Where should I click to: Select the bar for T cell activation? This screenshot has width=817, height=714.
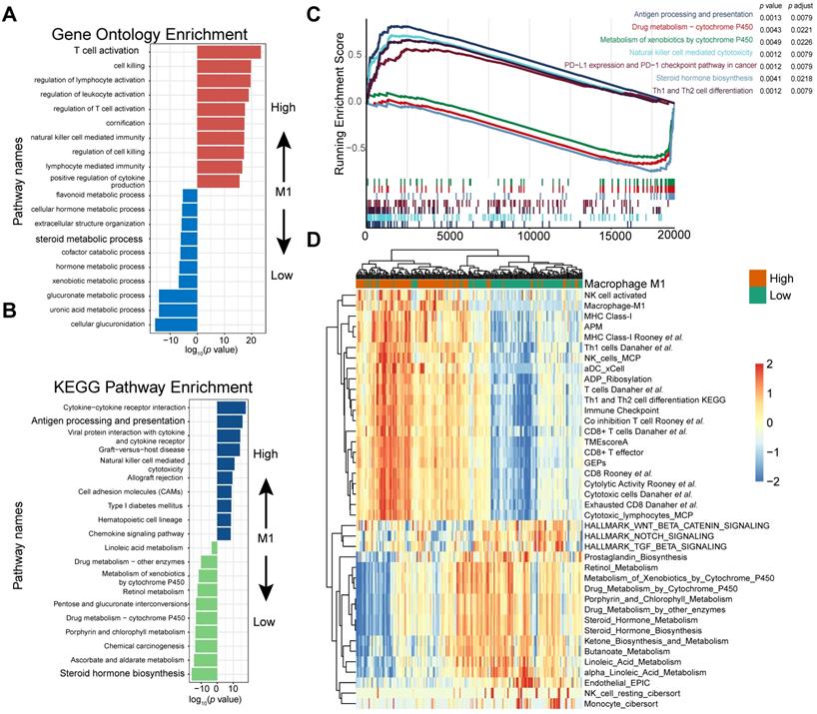pos(229,52)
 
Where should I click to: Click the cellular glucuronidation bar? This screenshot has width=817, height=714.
pos(175,324)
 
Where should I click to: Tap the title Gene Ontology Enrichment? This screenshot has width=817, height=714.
pos(136,32)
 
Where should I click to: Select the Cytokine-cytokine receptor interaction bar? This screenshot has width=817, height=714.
pos(231,406)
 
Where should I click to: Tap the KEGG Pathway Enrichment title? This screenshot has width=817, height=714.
pos(136,386)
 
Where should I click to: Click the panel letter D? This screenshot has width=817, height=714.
pos(314,240)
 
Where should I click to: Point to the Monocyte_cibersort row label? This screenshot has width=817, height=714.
pos(630,704)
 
